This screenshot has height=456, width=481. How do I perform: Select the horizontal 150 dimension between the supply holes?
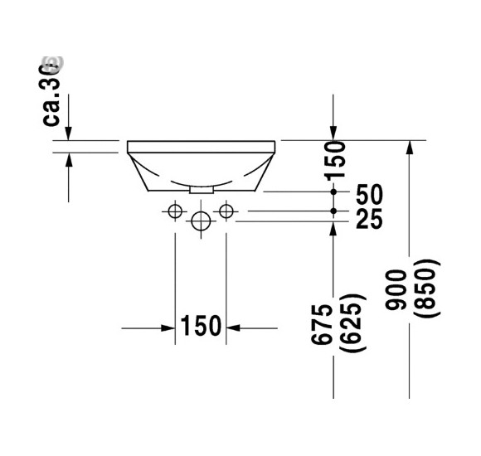pos(201,327)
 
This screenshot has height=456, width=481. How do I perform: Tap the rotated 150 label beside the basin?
pos(335,160)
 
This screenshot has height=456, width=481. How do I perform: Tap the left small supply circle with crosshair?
pos(174,211)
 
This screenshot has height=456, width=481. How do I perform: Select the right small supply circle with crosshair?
pos(226,211)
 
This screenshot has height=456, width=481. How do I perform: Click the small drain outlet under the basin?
pos(201,190)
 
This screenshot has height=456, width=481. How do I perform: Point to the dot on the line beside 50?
pos(333,192)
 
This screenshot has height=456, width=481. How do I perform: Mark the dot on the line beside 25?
pos(333,211)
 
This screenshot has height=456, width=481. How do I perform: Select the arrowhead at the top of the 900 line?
pos(408,148)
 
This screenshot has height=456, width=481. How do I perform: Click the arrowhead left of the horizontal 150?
pos(167,327)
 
